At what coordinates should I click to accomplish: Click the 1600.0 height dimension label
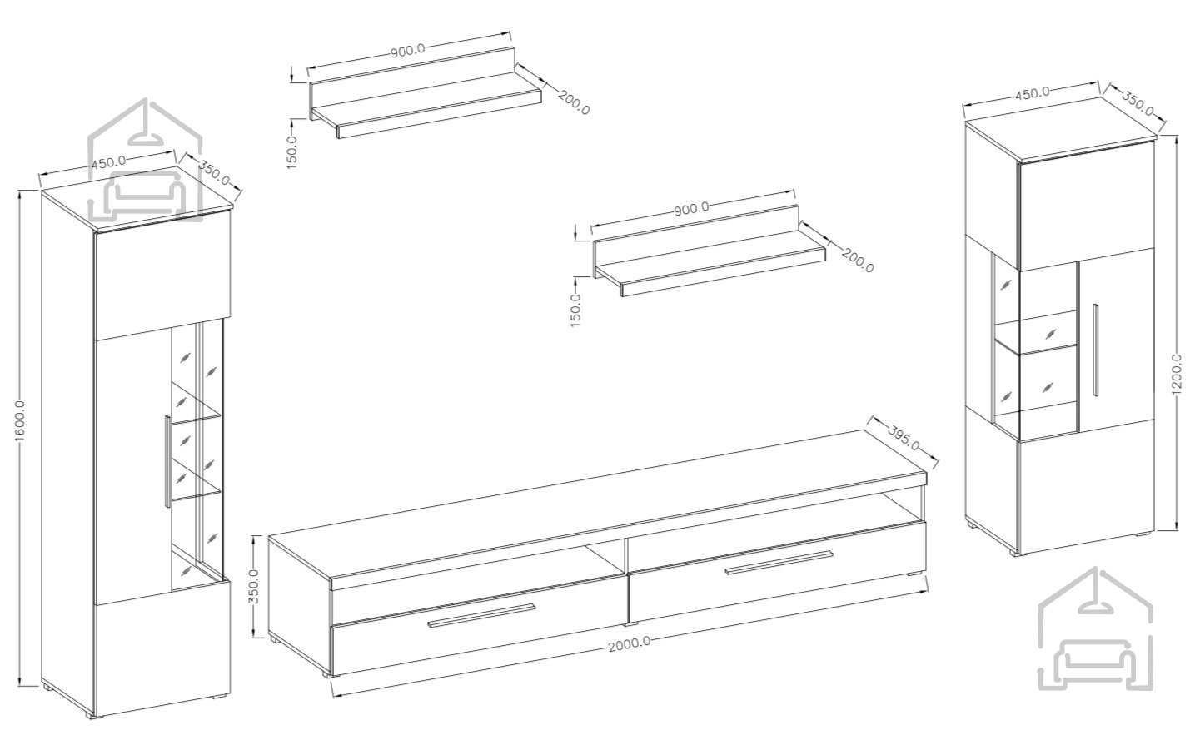(20, 421)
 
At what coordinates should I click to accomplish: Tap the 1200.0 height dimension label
(1176, 374)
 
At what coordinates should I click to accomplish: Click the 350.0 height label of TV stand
(255, 586)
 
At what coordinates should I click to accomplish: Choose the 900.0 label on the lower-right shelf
(691, 209)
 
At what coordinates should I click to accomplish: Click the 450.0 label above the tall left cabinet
(108, 162)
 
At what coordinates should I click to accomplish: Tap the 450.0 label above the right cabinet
(1033, 92)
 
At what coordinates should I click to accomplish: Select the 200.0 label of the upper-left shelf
(574, 102)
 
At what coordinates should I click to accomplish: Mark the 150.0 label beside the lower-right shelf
(576, 310)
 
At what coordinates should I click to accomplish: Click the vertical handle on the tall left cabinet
(167, 461)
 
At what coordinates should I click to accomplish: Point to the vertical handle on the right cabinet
(1096, 350)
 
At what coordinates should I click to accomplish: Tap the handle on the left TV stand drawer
(481, 616)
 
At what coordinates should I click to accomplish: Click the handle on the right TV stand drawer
(779, 563)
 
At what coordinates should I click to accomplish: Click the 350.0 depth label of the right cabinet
(1138, 104)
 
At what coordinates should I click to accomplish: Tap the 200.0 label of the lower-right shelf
(858, 261)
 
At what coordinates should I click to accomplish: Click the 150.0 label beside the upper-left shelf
(292, 152)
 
